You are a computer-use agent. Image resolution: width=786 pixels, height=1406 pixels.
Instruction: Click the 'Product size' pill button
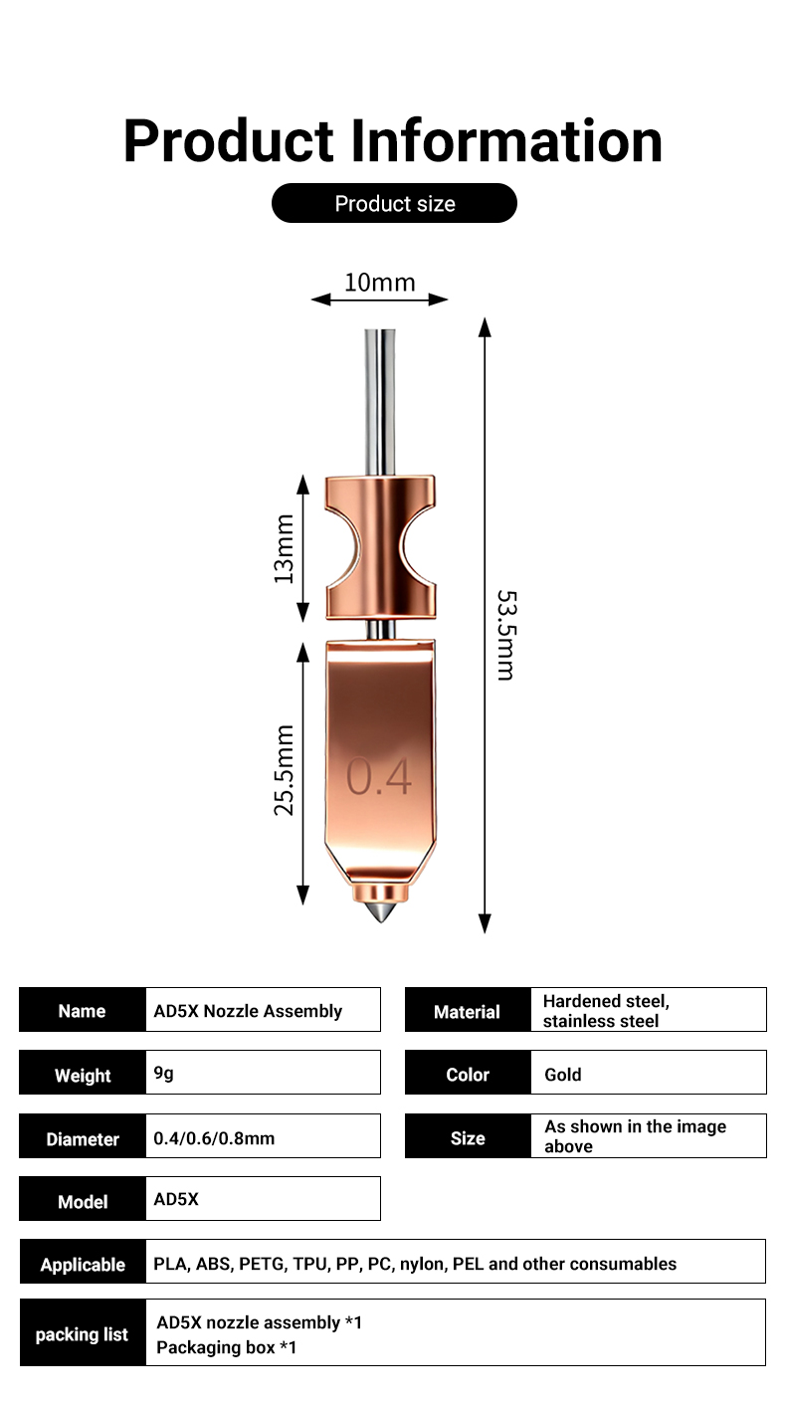(394, 203)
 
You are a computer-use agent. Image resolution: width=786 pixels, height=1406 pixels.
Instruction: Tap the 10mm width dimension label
(379, 283)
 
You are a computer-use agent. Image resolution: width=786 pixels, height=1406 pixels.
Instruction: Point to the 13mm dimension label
(285, 547)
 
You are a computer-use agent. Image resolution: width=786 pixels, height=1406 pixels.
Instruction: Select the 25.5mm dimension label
(285, 770)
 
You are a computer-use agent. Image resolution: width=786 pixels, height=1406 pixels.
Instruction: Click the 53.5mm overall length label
(506, 635)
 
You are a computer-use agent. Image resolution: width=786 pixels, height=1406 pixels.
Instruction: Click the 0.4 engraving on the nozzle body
(378, 777)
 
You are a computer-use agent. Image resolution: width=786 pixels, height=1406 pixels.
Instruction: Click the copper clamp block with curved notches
(380, 547)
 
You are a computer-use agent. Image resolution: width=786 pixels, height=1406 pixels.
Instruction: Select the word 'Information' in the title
(506, 140)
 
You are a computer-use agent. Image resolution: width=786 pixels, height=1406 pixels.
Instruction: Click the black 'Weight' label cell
(83, 1075)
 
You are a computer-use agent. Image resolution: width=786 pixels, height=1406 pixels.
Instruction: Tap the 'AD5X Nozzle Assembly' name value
(248, 1011)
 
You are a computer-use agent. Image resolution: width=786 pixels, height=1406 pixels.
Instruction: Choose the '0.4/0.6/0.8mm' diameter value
(214, 1137)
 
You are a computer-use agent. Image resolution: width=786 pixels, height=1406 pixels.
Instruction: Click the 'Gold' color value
(563, 1075)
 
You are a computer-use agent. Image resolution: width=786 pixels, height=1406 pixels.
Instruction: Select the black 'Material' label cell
(467, 1011)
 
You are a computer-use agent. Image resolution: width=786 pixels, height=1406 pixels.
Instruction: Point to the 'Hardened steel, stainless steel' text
(606, 1011)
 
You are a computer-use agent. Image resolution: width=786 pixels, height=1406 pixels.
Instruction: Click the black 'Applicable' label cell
(83, 1265)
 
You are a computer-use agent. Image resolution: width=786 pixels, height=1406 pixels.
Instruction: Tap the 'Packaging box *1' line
(227, 1347)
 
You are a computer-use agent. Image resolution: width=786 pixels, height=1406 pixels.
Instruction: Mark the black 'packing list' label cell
(83, 1334)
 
